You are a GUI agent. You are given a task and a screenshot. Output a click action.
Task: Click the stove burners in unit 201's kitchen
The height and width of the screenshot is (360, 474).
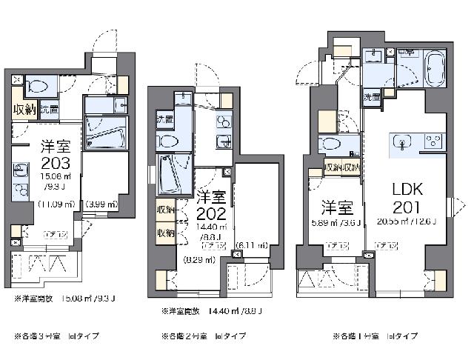[433, 141]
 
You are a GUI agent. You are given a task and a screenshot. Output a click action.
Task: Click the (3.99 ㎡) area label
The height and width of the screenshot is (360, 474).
[101, 204]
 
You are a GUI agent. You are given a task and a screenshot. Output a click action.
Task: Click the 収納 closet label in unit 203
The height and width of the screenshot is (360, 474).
[24, 110]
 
